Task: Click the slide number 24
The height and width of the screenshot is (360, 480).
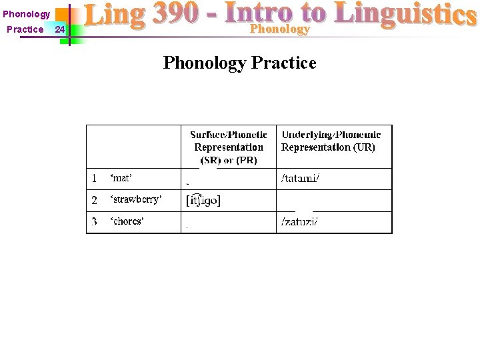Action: [x=60, y=29]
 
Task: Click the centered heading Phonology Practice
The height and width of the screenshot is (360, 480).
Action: [x=239, y=63]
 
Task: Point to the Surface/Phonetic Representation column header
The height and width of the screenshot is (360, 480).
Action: [x=229, y=147]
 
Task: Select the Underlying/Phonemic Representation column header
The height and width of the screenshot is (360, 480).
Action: [x=331, y=141]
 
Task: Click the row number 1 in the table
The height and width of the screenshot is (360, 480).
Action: [x=94, y=179]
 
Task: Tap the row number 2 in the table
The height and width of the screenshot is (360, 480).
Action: [x=94, y=200]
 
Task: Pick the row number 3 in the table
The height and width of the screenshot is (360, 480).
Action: [x=94, y=221]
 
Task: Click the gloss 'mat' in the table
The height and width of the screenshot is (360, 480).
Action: [x=121, y=179]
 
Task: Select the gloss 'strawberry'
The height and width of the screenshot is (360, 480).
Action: [x=136, y=200]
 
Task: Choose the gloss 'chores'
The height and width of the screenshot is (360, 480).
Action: [x=127, y=221]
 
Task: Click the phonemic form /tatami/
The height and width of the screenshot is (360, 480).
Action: [x=301, y=179]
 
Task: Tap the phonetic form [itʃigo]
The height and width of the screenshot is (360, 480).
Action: [x=203, y=200]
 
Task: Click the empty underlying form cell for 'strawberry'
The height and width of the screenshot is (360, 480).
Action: [x=334, y=201]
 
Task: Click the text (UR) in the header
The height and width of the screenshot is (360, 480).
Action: [x=364, y=147]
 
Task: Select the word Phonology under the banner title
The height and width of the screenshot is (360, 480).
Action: [x=279, y=29]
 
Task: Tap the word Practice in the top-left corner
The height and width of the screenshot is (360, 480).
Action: [x=25, y=29]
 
